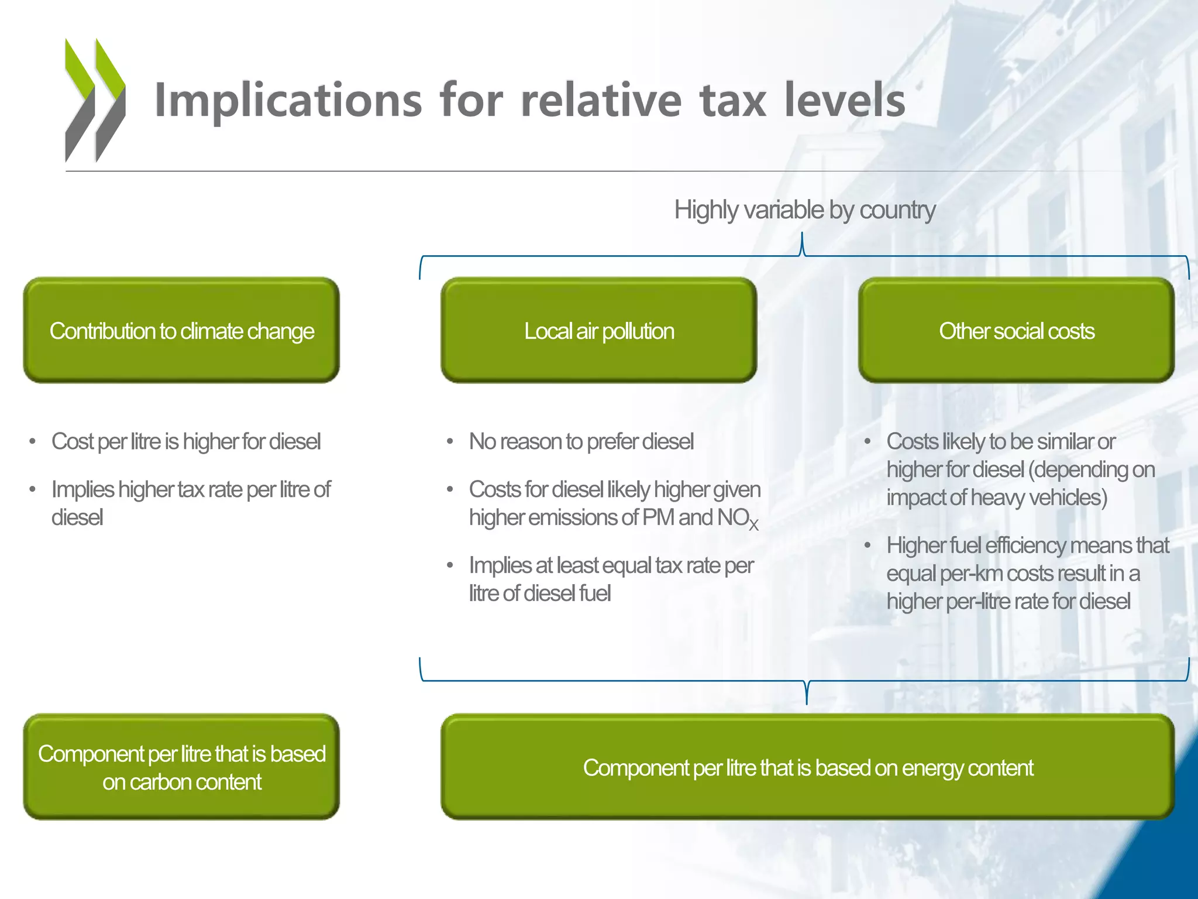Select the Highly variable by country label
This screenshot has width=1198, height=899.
coord(804,210)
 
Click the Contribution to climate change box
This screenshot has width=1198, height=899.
coord(181,331)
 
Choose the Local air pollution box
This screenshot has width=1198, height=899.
coord(598,331)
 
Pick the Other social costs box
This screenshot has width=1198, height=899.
coord(1016,331)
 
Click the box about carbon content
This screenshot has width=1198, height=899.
coord(181,767)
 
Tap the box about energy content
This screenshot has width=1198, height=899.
coord(807,767)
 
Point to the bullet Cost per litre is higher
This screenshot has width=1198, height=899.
coord(186,442)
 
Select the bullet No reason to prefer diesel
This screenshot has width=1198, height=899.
coord(581,442)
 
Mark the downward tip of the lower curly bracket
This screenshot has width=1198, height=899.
coord(807,702)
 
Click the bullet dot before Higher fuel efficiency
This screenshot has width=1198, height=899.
coord(867,546)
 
